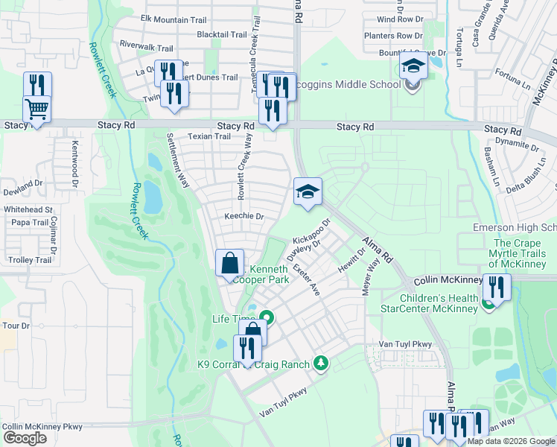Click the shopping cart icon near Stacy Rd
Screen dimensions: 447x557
[x=36, y=110]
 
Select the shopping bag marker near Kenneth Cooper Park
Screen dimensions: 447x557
[x=229, y=264]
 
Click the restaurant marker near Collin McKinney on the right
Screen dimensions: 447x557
[x=496, y=288]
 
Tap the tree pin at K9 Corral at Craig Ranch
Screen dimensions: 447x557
[x=321, y=363]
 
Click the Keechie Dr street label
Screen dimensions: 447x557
[x=245, y=217]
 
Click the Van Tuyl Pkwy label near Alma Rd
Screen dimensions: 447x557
[x=405, y=343]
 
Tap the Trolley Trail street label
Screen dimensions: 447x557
[x=30, y=260]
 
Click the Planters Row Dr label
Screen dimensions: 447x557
[x=393, y=36]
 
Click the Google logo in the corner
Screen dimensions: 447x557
[x=25, y=438]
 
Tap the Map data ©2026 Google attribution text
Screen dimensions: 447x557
[x=511, y=441]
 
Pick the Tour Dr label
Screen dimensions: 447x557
[x=15, y=326]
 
